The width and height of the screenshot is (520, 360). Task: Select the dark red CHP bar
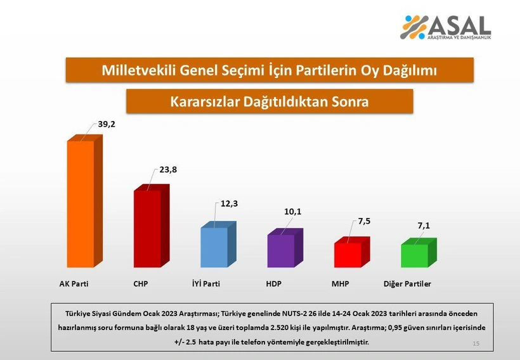[147, 228]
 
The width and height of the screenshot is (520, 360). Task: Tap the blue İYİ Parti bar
[214, 247]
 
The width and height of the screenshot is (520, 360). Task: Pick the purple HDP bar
[281, 250]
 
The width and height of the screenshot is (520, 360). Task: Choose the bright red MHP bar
[348, 254]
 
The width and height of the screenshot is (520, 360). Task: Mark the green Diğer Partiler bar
[414, 255]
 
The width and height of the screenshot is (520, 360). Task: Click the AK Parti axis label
[70, 284]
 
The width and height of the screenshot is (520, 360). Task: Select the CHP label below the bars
[141, 284]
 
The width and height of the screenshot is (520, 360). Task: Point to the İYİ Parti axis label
[206, 284]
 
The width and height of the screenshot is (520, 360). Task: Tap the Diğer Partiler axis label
[408, 284]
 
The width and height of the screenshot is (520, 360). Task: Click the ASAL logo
[446, 27]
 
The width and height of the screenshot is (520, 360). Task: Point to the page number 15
[476, 343]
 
